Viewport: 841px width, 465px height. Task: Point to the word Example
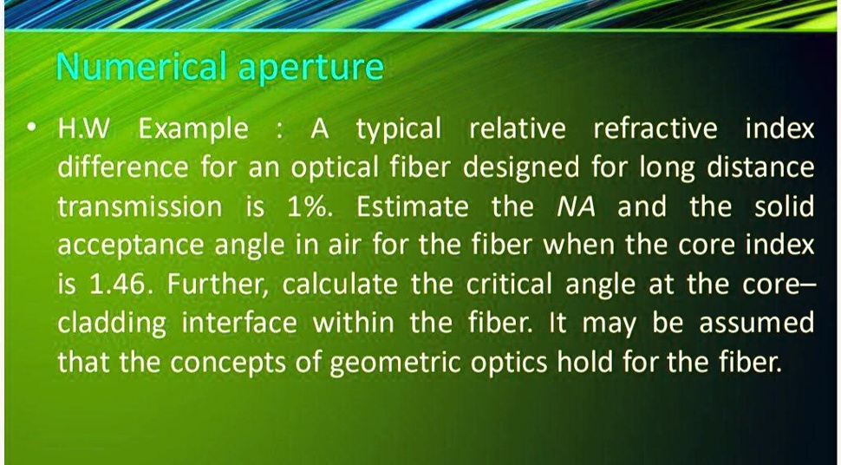coord(193,130)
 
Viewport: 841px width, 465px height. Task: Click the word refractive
coord(655,130)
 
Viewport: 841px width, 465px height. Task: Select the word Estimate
coord(413,207)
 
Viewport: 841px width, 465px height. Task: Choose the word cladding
coord(113,324)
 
